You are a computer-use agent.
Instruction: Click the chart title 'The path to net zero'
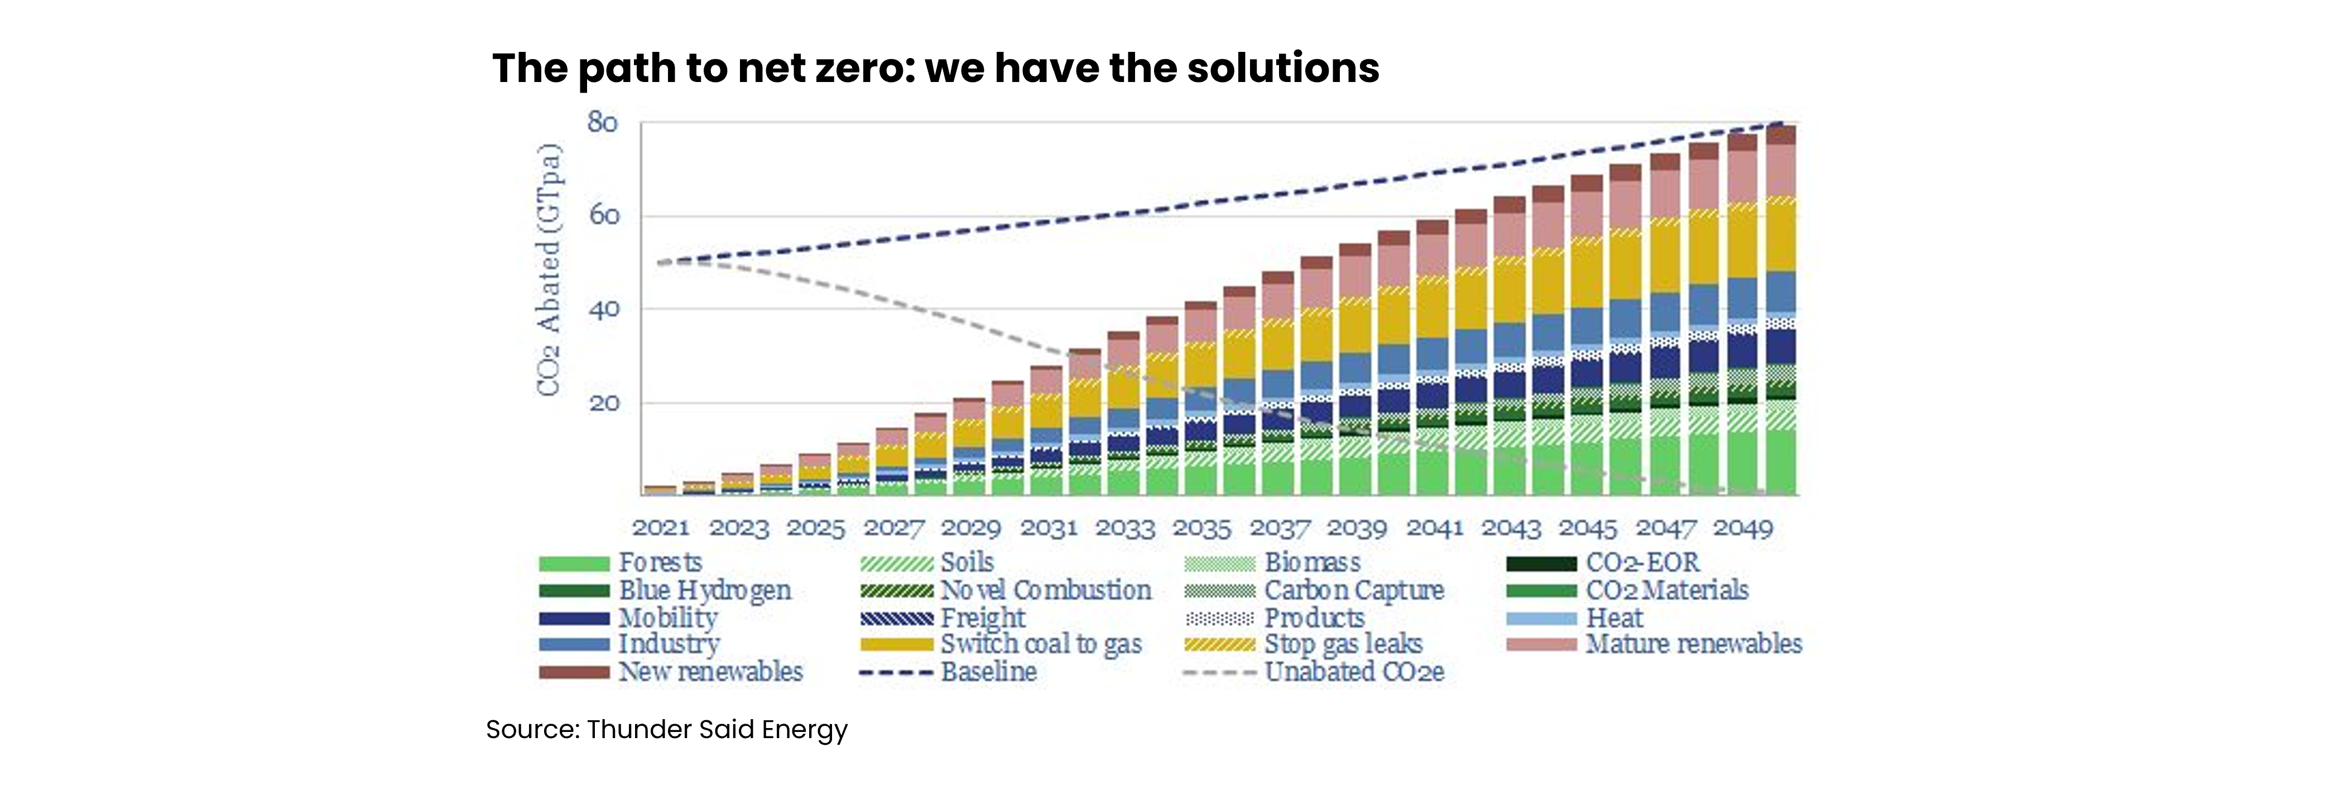(935, 68)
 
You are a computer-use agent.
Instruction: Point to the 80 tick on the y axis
(602, 122)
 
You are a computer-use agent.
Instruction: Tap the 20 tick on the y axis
(602, 402)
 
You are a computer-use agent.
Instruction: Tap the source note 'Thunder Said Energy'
(667, 729)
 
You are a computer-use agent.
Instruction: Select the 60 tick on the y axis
(602, 216)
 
